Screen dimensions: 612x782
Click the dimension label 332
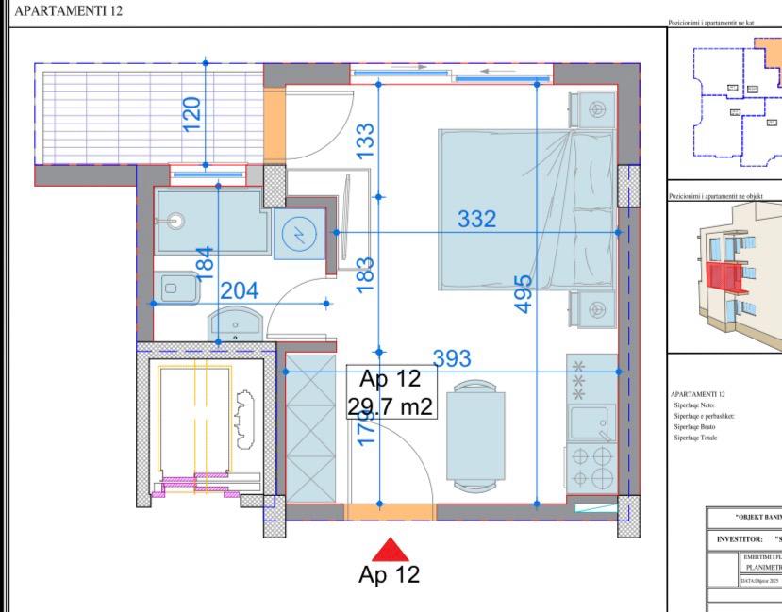pyautogui.click(x=476, y=220)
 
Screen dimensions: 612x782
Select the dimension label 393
pyautogui.click(x=452, y=358)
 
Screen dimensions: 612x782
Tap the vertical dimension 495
pyautogui.click(x=524, y=293)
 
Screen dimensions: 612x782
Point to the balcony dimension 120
pyautogui.click(x=192, y=114)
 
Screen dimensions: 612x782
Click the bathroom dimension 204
pyautogui.click(x=239, y=290)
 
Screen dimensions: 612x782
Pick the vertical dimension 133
pyautogui.click(x=367, y=141)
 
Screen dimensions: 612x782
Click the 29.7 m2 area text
pyautogui.click(x=390, y=406)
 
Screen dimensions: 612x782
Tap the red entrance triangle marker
pyautogui.click(x=389, y=550)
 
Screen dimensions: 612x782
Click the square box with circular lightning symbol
pyautogui.click(x=299, y=234)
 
